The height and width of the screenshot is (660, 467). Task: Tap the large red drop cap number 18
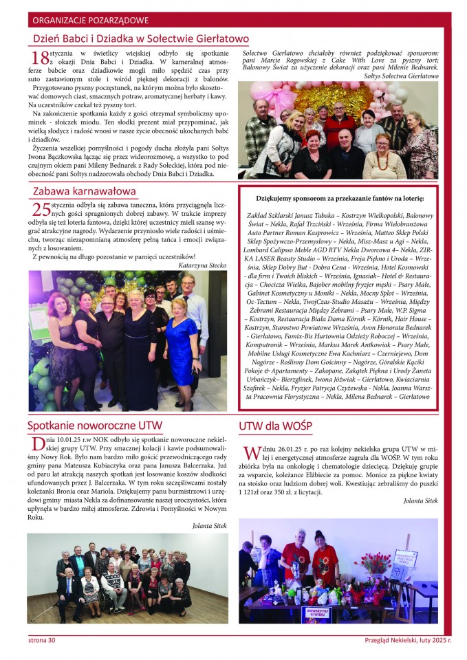[x=41, y=57]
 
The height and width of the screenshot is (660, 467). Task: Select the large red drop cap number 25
[x=41, y=209]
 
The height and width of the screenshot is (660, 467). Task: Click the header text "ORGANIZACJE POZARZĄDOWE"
[x=90, y=21]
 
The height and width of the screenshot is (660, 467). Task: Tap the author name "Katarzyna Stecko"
[x=202, y=264]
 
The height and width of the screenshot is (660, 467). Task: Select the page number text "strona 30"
[x=43, y=641]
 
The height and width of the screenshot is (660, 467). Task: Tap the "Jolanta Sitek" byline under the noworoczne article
[x=209, y=525]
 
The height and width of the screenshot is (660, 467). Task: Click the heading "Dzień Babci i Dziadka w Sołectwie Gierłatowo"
[x=141, y=39]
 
